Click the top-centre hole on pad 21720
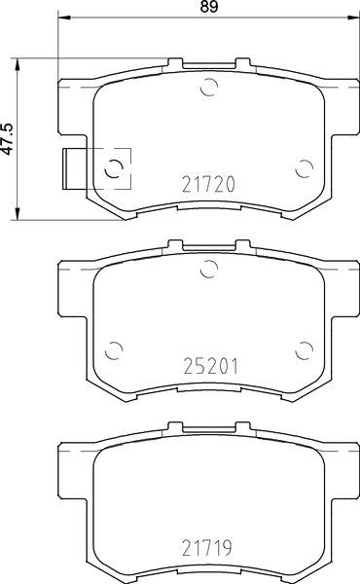click(207, 91)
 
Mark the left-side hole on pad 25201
click(114, 349)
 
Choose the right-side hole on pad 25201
click(303, 349)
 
